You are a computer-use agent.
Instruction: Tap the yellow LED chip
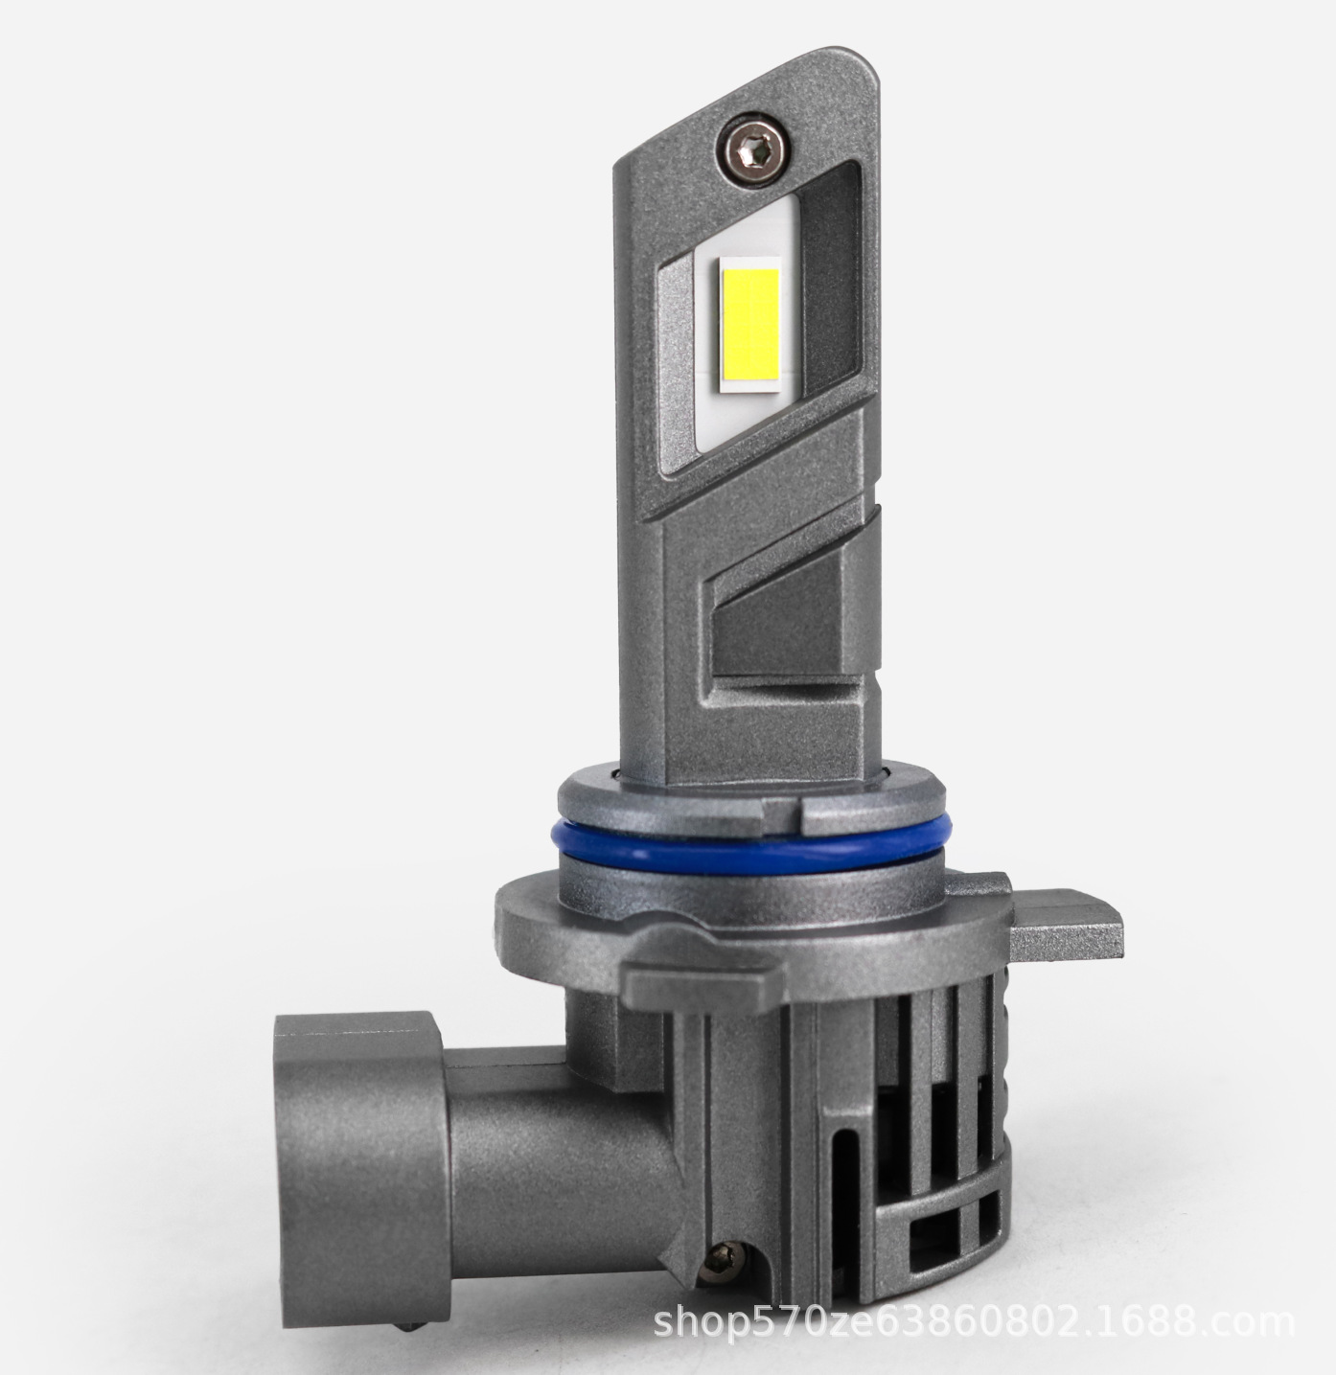(x=750, y=330)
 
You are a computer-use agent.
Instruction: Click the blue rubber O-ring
(x=753, y=849)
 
